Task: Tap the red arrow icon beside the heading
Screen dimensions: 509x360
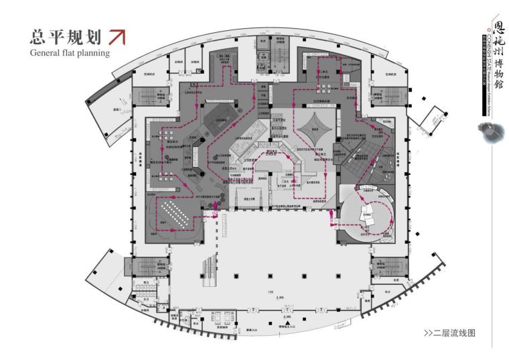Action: pyautogui.click(x=117, y=36)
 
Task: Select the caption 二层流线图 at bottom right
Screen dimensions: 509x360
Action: pyautogui.click(x=449, y=333)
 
